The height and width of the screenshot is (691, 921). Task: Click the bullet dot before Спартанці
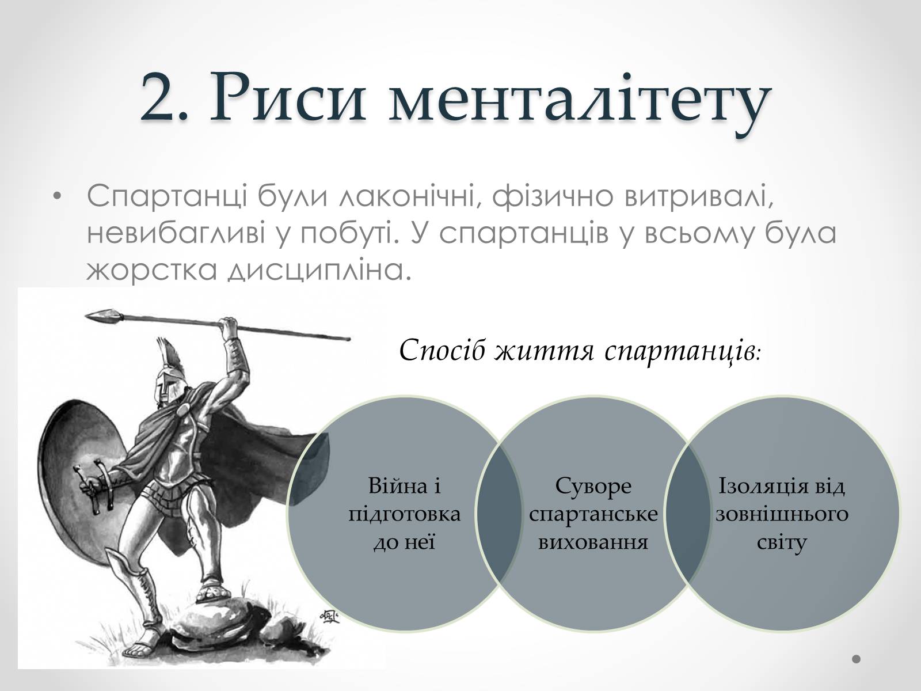click(x=58, y=196)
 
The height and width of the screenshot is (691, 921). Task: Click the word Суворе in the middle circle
click(x=593, y=487)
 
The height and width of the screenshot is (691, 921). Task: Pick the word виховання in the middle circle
click(x=593, y=542)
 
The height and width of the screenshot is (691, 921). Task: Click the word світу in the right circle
click(x=782, y=543)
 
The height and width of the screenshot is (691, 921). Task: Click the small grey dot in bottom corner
click(x=857, y=659)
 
